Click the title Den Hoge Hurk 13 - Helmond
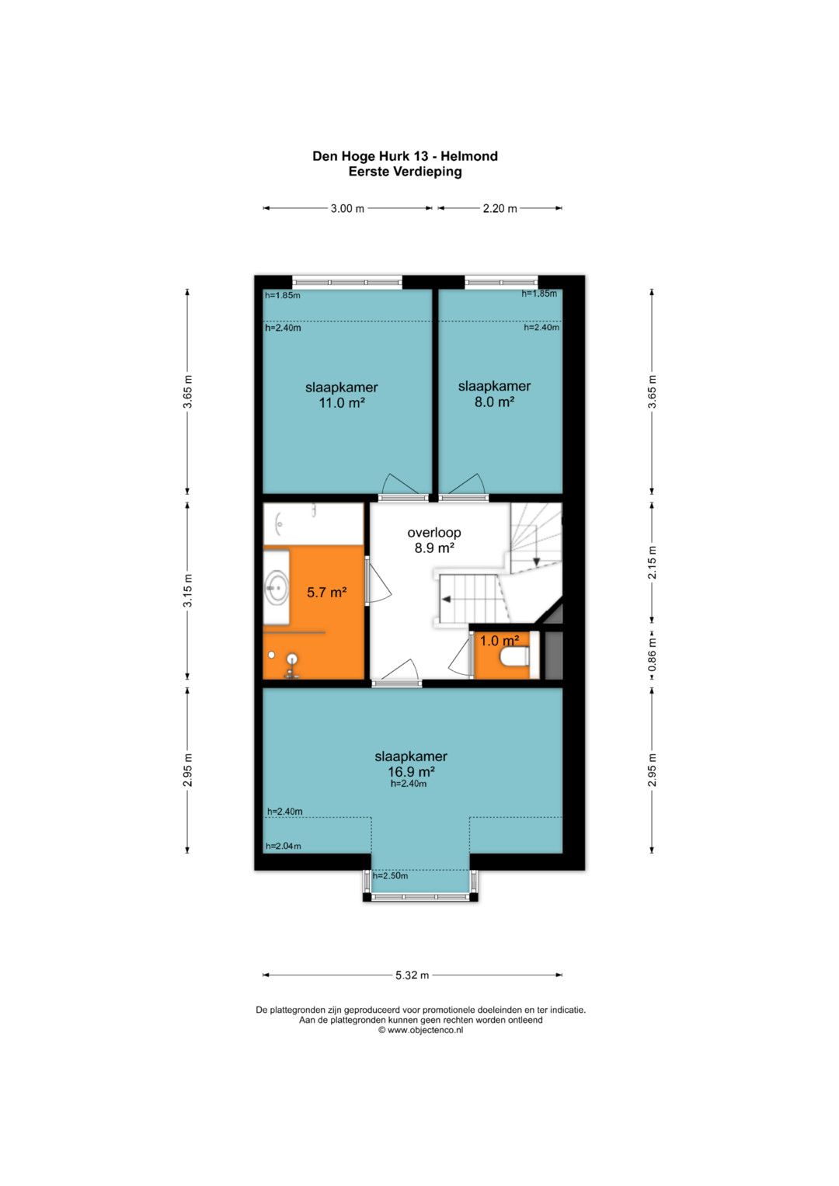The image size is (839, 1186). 405,156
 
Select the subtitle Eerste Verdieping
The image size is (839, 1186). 405,172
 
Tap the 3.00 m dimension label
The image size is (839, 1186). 347,209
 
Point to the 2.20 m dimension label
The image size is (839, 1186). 500,209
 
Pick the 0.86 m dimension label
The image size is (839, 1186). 652,655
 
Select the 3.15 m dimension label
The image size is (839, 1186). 187,590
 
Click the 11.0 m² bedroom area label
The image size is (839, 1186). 342,403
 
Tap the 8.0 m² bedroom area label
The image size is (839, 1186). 494,402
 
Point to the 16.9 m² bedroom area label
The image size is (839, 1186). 412,771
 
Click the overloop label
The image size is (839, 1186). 433,533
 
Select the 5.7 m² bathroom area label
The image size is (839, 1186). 327,592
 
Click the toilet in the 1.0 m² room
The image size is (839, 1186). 514,657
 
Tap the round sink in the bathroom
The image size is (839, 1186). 277,586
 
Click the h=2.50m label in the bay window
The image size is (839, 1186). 390,876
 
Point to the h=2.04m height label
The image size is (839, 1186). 284,846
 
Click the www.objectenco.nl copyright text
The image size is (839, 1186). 420,1030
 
